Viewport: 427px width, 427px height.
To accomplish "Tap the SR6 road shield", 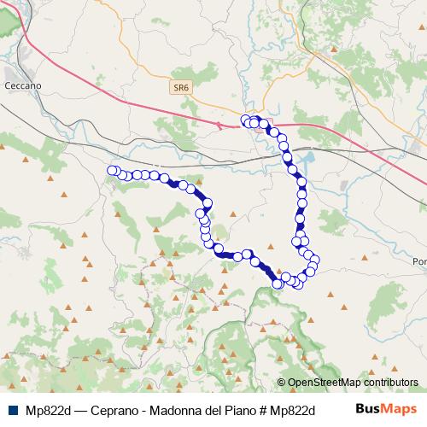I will click(x=180, y=87).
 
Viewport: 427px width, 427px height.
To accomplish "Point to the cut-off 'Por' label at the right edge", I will click(x=418, y=261).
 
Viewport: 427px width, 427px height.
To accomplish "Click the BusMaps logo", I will click(x=381, y=409).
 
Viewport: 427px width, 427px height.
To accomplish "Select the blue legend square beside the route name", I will click(x=9, y=409).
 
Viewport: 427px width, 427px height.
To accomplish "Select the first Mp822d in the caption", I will click(x=49, y=409).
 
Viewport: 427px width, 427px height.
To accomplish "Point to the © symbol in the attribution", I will click(x=282, y=383).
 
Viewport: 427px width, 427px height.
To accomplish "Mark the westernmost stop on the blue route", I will click(x=111, y=171).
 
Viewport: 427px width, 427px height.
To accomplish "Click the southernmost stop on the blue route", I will click(x=277, y=284).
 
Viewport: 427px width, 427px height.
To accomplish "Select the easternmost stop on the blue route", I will click(x=315, y=260).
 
